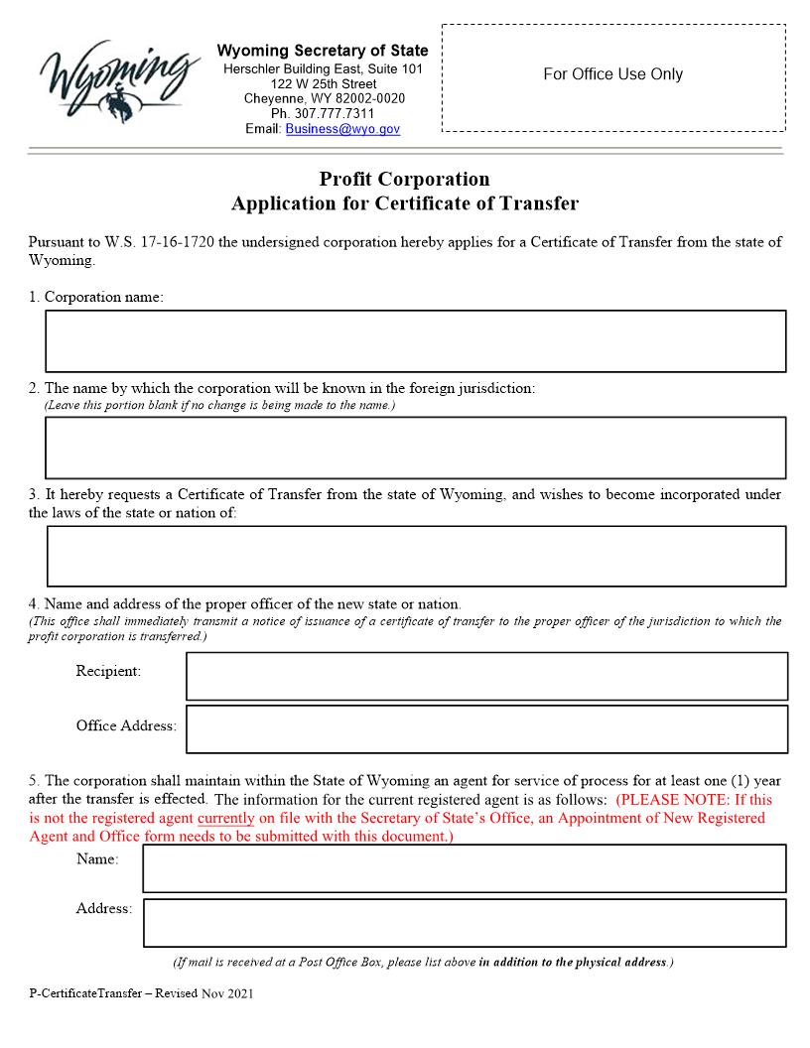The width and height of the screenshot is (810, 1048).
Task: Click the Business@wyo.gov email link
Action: (342, 129)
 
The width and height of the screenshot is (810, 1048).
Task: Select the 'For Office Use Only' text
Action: (612, 74)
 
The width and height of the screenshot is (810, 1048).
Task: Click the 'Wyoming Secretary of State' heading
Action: (323, 51)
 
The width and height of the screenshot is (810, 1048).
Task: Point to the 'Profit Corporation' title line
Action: (404, 180)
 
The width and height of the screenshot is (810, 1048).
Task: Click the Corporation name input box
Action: (415, 341)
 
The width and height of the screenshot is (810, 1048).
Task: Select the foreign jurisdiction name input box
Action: (415, 448)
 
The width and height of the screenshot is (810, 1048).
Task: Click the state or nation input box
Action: (416, 556)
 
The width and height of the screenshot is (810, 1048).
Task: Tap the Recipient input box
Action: (486, 676)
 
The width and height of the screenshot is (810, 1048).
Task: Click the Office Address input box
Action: (486, 729)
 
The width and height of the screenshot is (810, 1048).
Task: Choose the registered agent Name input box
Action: (464, 868)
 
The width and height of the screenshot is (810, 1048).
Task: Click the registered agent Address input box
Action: (464, 923)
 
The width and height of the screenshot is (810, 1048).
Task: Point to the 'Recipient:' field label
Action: (108, 672)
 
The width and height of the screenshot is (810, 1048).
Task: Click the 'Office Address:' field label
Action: (126, 725)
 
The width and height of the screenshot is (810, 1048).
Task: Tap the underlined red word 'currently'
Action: (225, 818)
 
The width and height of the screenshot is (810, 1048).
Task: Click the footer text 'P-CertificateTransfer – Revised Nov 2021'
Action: (141, 993)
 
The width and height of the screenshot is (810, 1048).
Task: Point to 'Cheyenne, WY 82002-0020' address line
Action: (324, 98)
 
